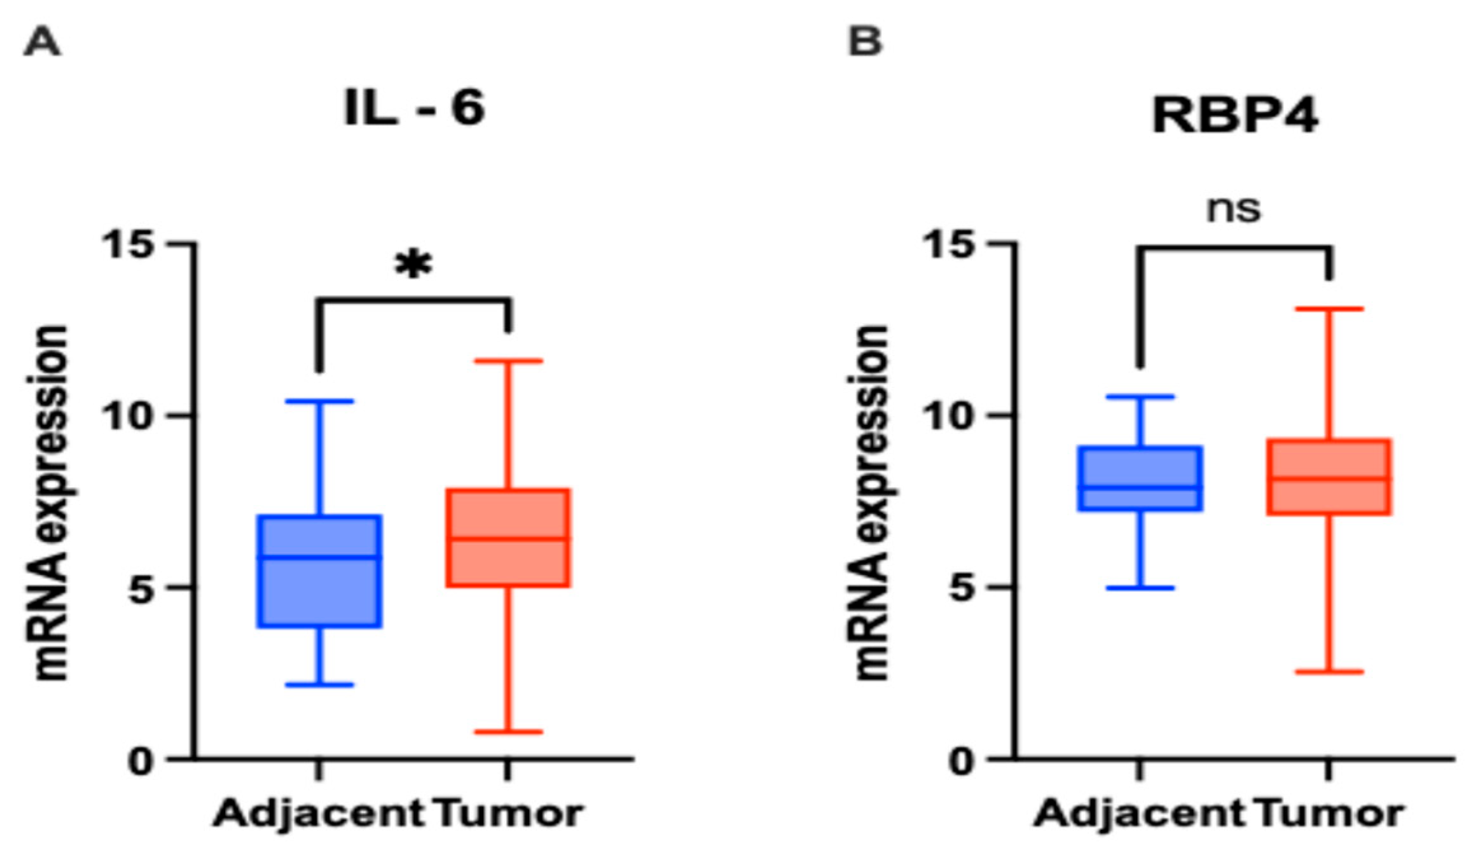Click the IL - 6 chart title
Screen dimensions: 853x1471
tap(414, 108)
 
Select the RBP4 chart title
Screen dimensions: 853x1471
tap(1234, 116)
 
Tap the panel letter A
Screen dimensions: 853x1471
tap(42, 43)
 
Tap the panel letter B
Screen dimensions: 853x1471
tap(866, 42)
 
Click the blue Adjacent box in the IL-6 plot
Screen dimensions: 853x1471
tap(319, 592)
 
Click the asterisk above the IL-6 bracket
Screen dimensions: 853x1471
tap(414, 265)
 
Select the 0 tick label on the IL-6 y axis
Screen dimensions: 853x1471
tap(140, 761)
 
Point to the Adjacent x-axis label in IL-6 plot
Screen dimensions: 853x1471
tap(318, 814)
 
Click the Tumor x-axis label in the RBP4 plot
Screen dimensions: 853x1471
tap(1330, 814)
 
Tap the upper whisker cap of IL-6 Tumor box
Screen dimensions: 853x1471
tap(508, 361)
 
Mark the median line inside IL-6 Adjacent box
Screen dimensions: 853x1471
tap(319, 557)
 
